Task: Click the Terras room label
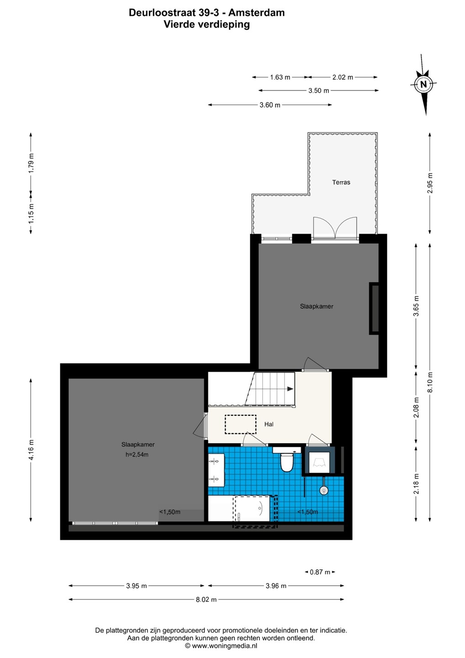(x=341, y=182)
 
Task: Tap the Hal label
(x=269, y=424)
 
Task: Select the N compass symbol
(x=423, y=84)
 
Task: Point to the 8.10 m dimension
(x=430, y=382)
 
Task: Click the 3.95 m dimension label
(x=137, y=586)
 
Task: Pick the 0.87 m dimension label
(x=320, y=572)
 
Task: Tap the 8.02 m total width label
(x=206, y=600)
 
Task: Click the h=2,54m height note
(x=137, y=455)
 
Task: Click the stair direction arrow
(x=290, y=389)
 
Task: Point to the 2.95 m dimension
(x=430, y=183)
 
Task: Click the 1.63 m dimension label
(x=280, y=77)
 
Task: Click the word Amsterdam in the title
(x=257, y=13)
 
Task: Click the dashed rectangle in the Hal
(x=240, y=424)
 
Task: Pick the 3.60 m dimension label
(x=270, y=105)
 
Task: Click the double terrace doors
(x=335, y=228)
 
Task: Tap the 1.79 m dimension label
(x=31, y=163)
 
